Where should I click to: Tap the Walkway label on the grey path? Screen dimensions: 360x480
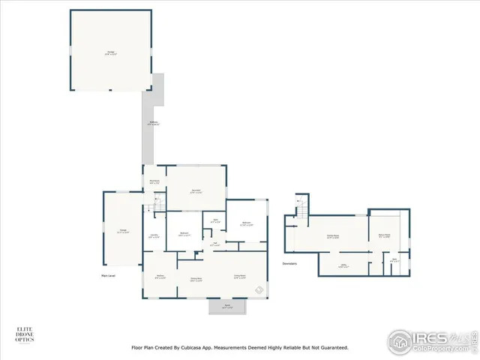click(x=153, y=124)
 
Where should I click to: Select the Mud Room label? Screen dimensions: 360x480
click(x=154, y=181)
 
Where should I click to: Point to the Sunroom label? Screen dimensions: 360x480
click(x=196, y=190)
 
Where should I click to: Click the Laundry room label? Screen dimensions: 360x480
click(x=154, y=236)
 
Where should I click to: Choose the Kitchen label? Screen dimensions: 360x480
click(x=160, y=277)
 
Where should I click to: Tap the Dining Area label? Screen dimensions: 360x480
click(x=196, y=279)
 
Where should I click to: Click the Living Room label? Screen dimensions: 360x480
click(x=240, y=277)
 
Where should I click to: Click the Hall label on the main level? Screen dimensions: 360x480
click(x=214, y=244)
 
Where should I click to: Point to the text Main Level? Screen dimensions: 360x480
click(x=108, y=276)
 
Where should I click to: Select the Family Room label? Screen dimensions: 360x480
click(x=333, y=236)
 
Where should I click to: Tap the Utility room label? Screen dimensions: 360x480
click(x=344, y=265)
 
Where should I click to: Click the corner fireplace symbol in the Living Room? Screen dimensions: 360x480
click(x=259, y=289)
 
